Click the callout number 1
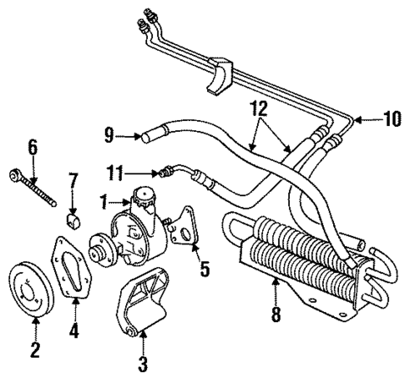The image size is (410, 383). pos(103,203)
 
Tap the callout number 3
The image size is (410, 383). pos(143,365)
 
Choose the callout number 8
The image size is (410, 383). pos(274,315)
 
